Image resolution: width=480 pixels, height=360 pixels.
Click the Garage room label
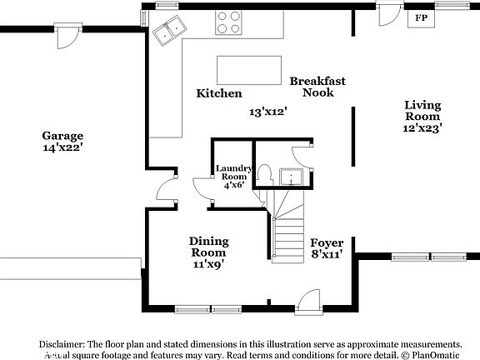pos(63,135)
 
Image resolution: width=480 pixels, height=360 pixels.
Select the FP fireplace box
pos(422,17)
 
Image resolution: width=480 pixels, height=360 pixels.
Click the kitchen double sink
pos(171,31)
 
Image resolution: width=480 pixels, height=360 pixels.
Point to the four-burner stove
pos(229,22)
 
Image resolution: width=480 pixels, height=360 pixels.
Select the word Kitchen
pos(219,93)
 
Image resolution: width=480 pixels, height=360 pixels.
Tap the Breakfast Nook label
pos(317,87)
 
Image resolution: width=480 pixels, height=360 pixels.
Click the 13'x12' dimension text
pos(267,111)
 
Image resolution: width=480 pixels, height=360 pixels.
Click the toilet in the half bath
pos(264,173)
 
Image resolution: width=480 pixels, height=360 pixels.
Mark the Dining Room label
pos(208,247)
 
